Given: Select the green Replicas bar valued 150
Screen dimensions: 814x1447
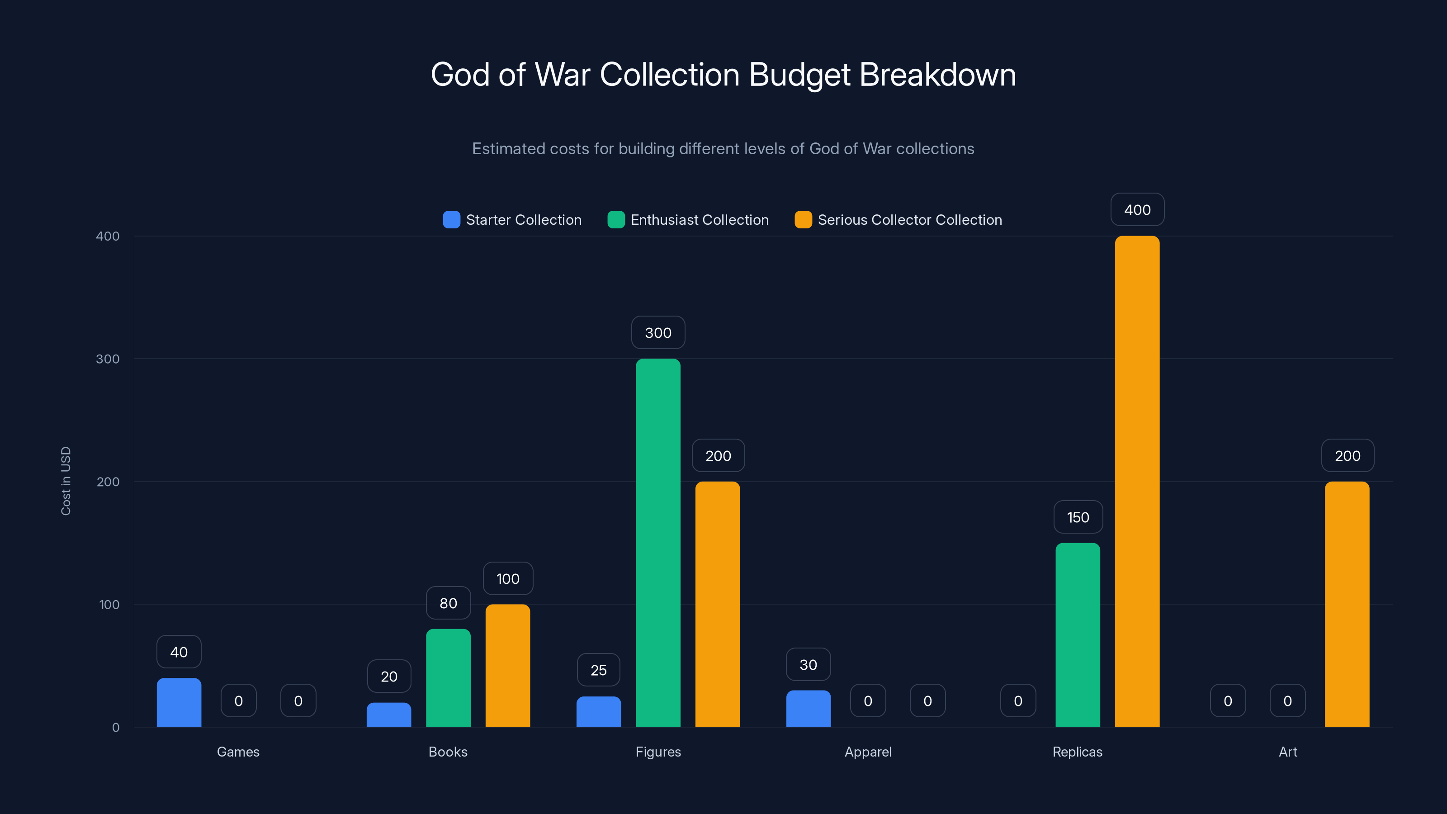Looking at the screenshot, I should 1078,635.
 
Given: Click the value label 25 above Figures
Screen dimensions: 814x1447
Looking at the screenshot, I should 598,670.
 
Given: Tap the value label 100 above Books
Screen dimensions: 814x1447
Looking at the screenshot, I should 508,579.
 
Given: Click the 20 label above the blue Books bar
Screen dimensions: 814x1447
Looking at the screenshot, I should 389,677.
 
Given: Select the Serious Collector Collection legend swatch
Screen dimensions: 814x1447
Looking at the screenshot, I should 803,220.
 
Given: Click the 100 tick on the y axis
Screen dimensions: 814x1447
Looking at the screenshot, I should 109,605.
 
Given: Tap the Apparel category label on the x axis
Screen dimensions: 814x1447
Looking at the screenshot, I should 868,752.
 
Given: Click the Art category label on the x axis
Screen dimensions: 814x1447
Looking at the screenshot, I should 1287,752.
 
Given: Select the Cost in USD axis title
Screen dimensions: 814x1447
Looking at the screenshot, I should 66,481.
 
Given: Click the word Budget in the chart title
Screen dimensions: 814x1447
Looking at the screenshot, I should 799,75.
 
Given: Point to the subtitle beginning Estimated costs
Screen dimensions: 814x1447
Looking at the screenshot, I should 723,149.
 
